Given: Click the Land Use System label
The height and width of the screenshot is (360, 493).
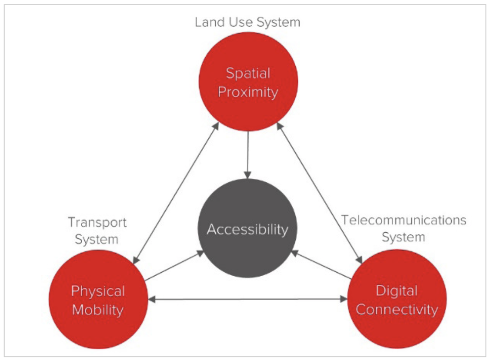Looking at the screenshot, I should pos(247,22).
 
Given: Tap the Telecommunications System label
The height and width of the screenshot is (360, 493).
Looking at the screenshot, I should pos(403,228).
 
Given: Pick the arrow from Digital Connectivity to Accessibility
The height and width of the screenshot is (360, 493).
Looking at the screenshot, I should pos(322,265).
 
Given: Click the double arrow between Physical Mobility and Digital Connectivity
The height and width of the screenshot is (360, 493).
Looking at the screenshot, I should pos(247,299).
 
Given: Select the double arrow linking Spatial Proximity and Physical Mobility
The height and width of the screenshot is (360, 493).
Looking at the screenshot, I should pos(177,192).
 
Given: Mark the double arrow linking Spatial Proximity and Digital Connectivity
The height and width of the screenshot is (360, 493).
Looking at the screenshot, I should pos(319,192).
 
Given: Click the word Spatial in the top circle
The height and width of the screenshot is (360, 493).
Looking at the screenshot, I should pos(248,74).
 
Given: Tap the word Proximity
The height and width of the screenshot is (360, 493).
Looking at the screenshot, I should pos(248,93).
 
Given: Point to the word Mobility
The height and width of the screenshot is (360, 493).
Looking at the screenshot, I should pos(98,310).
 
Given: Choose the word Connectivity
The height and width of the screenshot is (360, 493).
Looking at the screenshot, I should pos(397,310).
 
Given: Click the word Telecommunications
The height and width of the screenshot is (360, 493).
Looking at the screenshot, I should pos(403,220).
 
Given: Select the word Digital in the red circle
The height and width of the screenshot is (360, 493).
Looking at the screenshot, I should pos(397,291).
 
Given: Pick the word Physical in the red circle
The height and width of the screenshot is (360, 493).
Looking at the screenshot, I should pos(98,291).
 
